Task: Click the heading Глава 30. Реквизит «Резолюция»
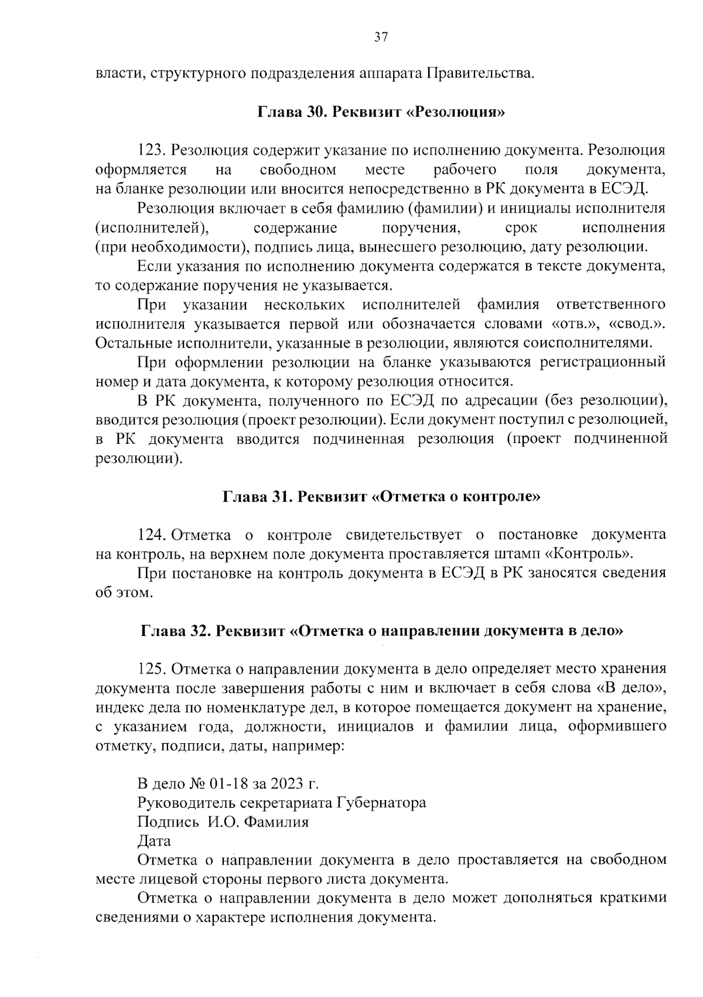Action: click(381, 112)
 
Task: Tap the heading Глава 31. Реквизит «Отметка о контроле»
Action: click(381, 497)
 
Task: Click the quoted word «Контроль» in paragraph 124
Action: click(593, 554)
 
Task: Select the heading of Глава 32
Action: click(381, 631)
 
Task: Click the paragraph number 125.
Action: click(152, 669)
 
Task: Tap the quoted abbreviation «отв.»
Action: click(572, 324)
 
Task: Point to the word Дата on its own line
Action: click(154, 841)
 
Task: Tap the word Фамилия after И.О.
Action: click(276, 822)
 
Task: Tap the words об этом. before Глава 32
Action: click(124, 593)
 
